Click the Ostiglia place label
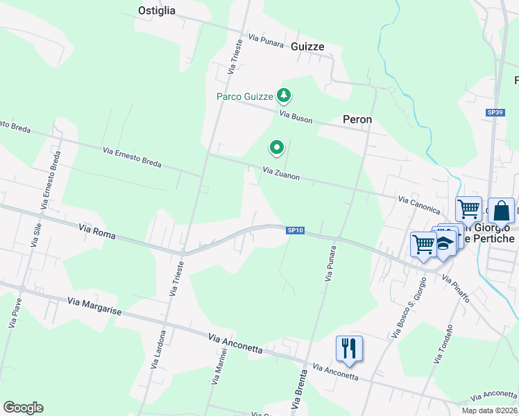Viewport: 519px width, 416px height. coord(157,10)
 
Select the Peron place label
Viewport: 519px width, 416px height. coord(357,119)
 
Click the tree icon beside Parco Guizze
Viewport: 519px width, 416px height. coord(283,95)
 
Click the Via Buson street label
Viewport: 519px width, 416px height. coord(296,115)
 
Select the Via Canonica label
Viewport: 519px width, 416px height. coord(419,204)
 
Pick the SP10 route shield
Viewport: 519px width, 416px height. coord(296,230)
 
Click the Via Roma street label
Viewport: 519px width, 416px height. coord(96,232)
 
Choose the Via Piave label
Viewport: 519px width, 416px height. coord(13,313)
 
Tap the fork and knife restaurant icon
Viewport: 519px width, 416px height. coord(348,347)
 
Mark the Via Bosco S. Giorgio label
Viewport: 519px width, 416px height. coord(407,312)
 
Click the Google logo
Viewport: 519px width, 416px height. coord(23,408)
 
